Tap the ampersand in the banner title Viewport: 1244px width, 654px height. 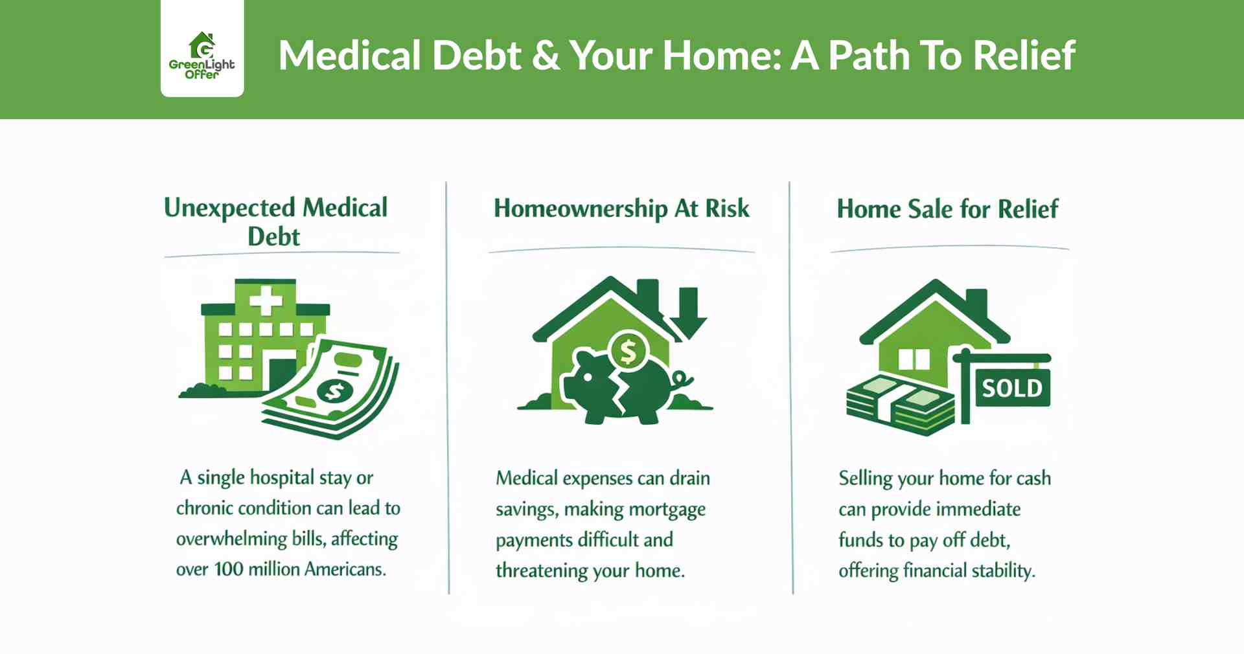coord(546,56)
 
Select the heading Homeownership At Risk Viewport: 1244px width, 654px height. coord(621,209)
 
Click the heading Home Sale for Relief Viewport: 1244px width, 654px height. coord(947,209)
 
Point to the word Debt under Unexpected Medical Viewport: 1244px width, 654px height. coord(273,237)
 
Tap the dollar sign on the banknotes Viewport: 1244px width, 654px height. coord(334,391)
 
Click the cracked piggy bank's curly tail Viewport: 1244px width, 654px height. coord(682,379)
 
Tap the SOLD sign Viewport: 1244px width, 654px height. coord(1012,389)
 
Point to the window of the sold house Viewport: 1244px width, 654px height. coord(914,360)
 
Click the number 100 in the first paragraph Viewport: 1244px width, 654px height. coord(228,569)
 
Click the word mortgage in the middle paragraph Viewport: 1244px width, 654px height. coord(667,510)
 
